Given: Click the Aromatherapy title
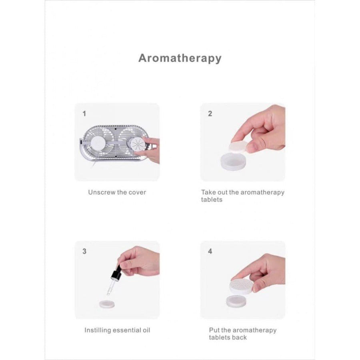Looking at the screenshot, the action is coord(180,58).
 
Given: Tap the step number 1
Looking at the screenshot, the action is coord(84,114).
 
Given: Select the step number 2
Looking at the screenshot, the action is coord(210,114).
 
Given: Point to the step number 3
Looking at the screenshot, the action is coord(84,251).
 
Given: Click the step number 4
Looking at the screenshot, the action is coord(210,251).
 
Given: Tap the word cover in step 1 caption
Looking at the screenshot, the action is coord(137,192).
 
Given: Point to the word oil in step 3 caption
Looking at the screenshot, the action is coord(146,330).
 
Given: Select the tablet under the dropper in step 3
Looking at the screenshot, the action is coord(107,304).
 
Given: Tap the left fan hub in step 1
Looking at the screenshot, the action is coord(98,143).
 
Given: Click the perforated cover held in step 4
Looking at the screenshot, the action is coord(242,286).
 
